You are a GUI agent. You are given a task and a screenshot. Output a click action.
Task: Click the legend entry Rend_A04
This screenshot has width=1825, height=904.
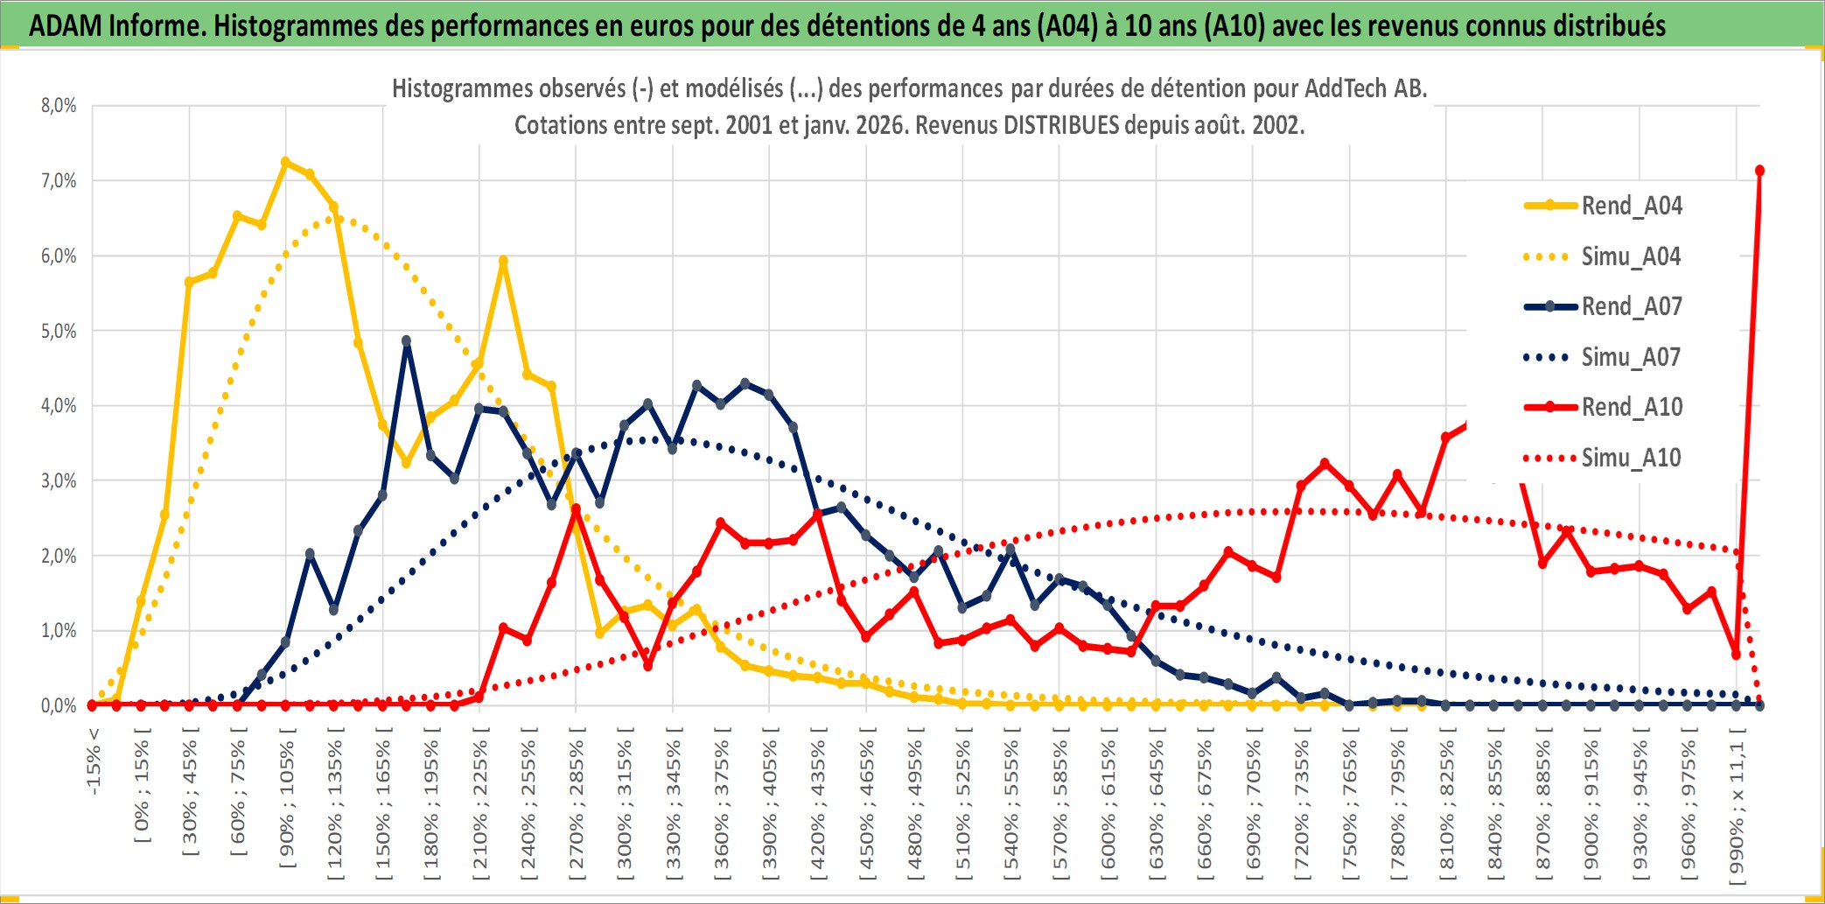tap(1631, 206)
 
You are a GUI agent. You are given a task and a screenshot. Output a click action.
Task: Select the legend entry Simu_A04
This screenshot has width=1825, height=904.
tap(1631, 256)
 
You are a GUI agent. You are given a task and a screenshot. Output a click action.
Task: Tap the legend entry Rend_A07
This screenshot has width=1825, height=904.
tap(1631, 306)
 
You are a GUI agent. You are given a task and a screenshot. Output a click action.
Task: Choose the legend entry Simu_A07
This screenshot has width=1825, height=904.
tap(1631, 357)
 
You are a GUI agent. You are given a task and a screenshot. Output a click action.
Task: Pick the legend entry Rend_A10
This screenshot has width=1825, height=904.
tap(1631, 407)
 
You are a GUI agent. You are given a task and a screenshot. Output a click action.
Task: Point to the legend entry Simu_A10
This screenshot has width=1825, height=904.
tap(1631, 458)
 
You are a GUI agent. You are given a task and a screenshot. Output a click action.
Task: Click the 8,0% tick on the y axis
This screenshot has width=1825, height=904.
tap(59, 106)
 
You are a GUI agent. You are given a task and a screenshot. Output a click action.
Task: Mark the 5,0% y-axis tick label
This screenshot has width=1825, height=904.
tap(59, 331)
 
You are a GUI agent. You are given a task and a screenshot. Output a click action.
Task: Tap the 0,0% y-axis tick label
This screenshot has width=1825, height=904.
tap(59, 705)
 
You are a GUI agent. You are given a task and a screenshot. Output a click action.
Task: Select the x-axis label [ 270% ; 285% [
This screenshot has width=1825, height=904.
tap(577, 805)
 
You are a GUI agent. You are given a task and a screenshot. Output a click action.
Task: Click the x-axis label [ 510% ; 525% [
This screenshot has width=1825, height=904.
tap(963, 805)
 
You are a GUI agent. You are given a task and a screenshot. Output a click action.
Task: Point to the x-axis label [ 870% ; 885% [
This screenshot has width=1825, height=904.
tap(1543, 805)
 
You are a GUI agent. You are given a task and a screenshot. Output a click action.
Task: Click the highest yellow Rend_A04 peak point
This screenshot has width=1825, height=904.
tap(285, 162)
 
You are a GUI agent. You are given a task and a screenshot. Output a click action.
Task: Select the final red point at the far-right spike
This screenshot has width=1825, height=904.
tap(1759, 171)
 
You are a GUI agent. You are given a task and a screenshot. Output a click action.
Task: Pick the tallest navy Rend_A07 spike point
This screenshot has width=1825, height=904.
tap(406, 341)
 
